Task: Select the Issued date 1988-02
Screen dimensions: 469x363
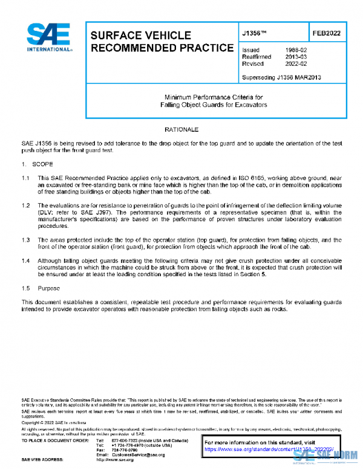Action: pos(295,50)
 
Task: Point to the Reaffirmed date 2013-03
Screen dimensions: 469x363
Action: pos(295,57)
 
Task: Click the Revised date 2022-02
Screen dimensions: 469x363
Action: pos(295,63)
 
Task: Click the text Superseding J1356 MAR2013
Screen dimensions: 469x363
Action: pos(281,77)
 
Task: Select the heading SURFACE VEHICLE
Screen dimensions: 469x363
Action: pos(140,36)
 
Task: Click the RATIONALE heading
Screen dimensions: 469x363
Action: pos(181,130)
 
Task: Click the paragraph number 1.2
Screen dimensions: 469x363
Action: pos(26,206)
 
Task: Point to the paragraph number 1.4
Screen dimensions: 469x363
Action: pos(26,260)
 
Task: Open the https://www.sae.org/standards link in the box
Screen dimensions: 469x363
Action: pos(254,449)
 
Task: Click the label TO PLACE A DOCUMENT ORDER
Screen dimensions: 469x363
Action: pos(53,439)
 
